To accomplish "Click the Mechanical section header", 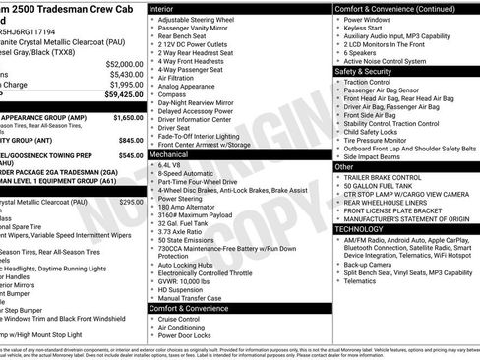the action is point(171,154).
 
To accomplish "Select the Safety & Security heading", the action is point(368,71).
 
